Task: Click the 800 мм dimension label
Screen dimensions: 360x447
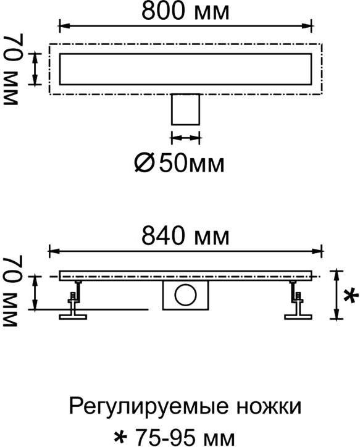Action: click(185, 11)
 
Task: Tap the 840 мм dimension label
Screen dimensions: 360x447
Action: click(185, 236)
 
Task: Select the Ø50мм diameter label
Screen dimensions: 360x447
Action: click(179, 164)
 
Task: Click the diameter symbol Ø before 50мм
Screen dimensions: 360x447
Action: click(144, 164)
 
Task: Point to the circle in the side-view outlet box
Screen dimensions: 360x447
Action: click(186, 295)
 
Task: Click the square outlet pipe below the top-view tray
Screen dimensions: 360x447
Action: click(185, 109)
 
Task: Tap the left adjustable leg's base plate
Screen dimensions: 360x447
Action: click(73, 317)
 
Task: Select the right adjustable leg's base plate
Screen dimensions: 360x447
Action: click(298, 317)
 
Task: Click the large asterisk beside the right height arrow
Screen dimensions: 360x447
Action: click(351, 295)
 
